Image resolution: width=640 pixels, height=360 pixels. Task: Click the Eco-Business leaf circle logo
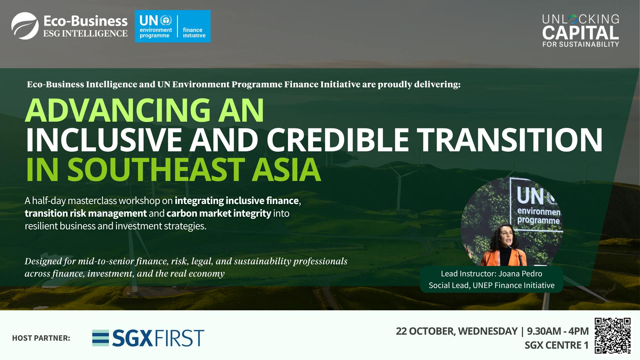pos(25,26)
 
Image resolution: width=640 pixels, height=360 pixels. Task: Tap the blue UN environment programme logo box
pos(172,26)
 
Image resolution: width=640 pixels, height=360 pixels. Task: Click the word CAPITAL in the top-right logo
pos(580,33)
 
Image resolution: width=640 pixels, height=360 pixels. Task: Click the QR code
pos(613,335)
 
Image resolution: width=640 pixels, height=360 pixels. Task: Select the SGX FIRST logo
pos(148,338)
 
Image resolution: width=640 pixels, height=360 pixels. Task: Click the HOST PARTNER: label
pos(41,338)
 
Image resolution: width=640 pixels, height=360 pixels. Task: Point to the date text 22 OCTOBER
pos(424,331)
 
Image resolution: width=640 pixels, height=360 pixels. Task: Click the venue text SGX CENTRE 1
pos(556,345)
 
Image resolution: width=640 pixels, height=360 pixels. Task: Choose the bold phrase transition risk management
pos(86,213)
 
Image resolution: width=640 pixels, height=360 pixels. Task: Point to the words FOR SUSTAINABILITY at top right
pos(580,44)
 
